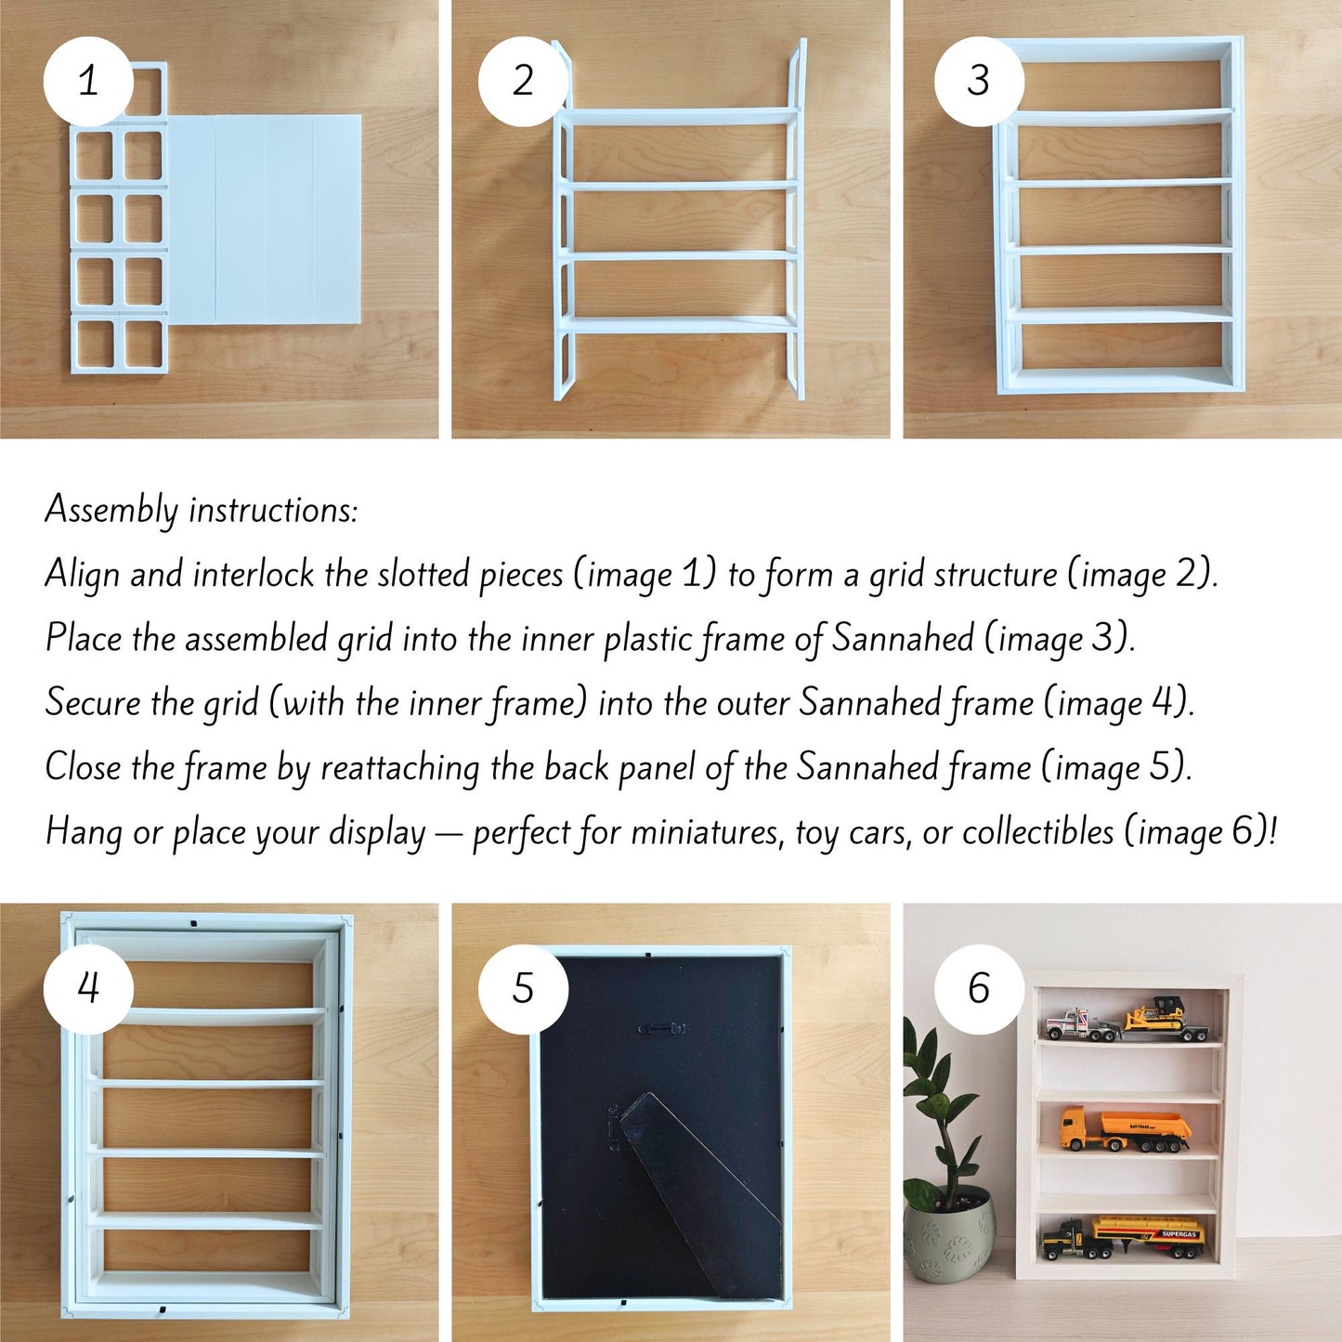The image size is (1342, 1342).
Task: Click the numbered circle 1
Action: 88,82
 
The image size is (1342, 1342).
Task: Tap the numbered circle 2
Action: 523,82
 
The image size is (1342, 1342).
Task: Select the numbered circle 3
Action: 979,82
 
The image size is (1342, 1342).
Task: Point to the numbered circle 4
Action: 88,988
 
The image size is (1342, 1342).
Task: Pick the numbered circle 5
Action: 523,988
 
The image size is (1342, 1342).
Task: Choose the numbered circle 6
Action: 979,988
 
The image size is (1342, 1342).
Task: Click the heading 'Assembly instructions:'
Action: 202,511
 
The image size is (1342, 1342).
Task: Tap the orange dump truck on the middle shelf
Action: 1126,1128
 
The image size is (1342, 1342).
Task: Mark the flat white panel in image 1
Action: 264,219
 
